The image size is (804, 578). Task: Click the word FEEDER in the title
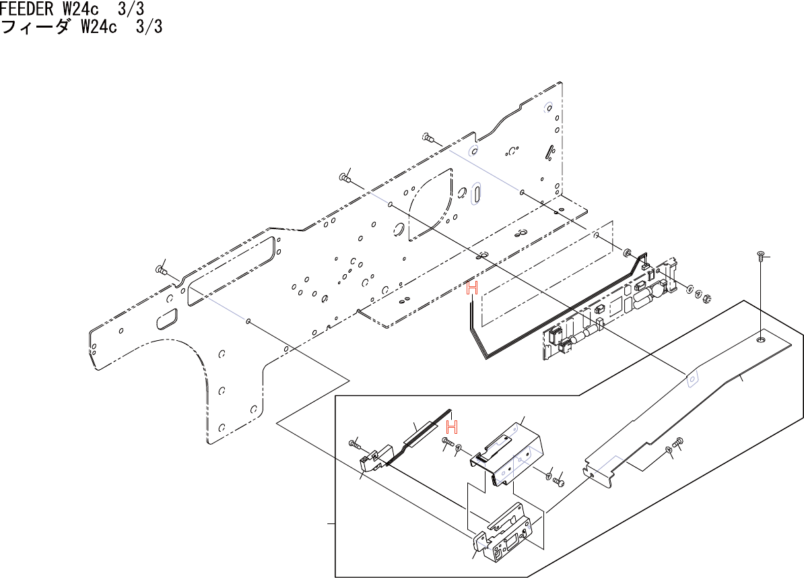point(26,9)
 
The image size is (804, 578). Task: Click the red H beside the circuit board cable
point(472,289)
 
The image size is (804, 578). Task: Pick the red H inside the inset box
point(453,426)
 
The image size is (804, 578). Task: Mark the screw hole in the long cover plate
point(760,340)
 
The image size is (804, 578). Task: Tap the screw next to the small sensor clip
point(354,443)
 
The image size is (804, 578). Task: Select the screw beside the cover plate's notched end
point(677,441)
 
